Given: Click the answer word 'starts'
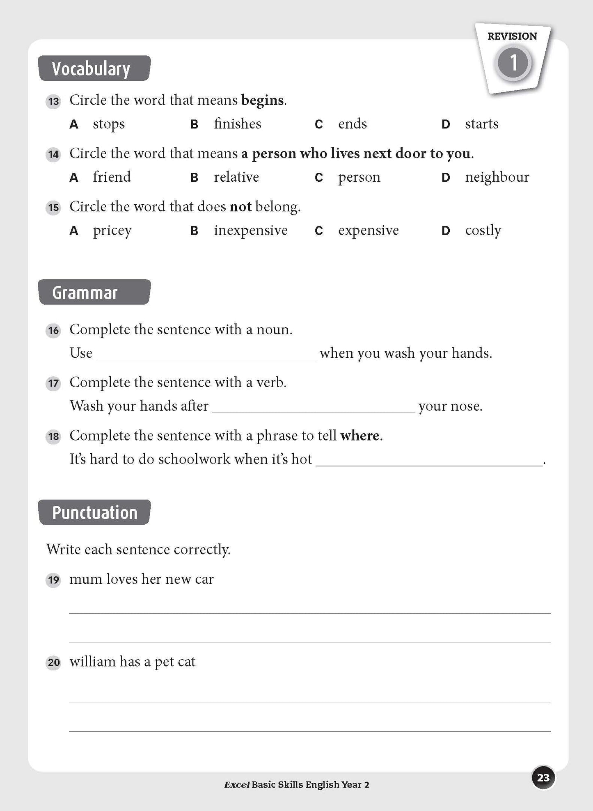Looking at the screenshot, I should [x=481, y=124].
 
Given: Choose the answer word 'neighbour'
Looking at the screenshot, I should [x=497, y=177].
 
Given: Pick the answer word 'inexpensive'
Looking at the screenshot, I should [x=250, y=231].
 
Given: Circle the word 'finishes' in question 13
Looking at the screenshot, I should [x=237, y=124].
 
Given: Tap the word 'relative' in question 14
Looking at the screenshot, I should [x=236, y=177].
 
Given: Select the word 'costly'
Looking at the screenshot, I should [x=483, y=231].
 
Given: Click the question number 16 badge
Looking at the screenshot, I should [x=53, y=330].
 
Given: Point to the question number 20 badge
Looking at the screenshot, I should [x=53, y=663].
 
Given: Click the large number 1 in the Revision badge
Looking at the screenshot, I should [x=513, y=63].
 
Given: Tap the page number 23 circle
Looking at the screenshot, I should [x=543, y=778].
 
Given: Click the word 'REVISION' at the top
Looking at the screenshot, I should [x=512, y=37].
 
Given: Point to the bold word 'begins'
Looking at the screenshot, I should [x=263, y=101].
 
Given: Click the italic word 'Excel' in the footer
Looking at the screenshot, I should [x=236, y=785].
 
